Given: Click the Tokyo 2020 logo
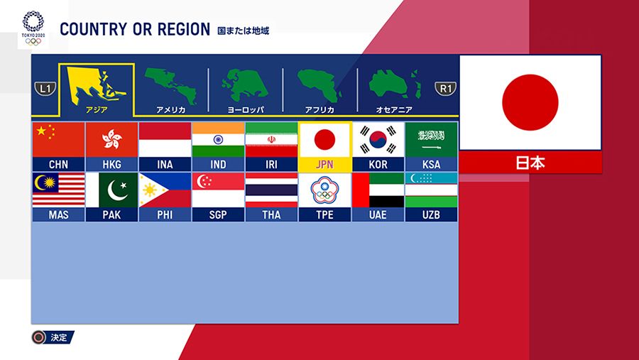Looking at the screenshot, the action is (x=33, y=28).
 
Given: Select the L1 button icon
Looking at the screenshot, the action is (x=45, y=89).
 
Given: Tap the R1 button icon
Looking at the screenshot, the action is (x=445, y=89).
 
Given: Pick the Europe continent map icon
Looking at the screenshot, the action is (x=245, y=85).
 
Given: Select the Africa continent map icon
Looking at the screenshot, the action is (x=319, y=85).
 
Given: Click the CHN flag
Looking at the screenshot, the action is (x=58, y=139).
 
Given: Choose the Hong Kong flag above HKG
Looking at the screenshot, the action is (x=111, y=139).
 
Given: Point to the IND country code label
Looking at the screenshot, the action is (x=218, y=164).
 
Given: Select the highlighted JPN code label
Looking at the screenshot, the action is (x=324, y=164).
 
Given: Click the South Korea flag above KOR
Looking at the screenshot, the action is (x=378, y=139).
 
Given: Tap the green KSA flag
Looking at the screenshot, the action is (x=431, y=139).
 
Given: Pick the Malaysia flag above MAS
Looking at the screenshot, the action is (x=58, y=190).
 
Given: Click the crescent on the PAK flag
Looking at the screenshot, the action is (x=116, y=190).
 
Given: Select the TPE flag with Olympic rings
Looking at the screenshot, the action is (x=324, y=190).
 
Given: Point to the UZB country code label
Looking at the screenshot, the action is (x=431, y=215).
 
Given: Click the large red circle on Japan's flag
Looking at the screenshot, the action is (x=530, y=102).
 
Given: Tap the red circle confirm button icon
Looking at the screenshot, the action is (x=39, y=337).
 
